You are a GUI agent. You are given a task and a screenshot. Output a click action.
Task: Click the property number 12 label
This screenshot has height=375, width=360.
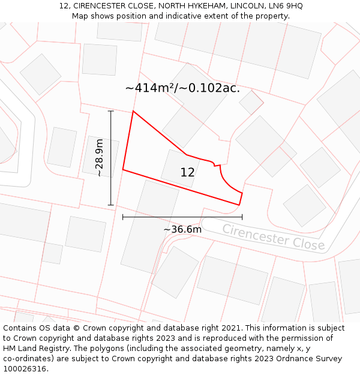tap(187, 173)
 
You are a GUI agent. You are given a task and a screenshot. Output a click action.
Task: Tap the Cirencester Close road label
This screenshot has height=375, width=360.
tap(273, 237)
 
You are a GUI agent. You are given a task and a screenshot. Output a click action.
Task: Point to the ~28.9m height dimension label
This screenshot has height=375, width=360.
tap(100, 158)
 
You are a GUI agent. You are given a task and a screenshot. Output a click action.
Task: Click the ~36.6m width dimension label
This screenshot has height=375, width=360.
tap(182, 229)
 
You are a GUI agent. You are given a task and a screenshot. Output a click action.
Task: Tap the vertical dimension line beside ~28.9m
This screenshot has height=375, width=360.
tap(110, 158)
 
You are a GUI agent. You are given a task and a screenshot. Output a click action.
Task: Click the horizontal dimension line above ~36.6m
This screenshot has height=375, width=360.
tap(182, 217)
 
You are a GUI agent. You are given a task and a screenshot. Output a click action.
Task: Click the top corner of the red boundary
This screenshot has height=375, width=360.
tap(133, 111)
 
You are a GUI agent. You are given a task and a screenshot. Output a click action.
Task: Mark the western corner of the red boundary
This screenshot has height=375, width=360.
tap(123, 170)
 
